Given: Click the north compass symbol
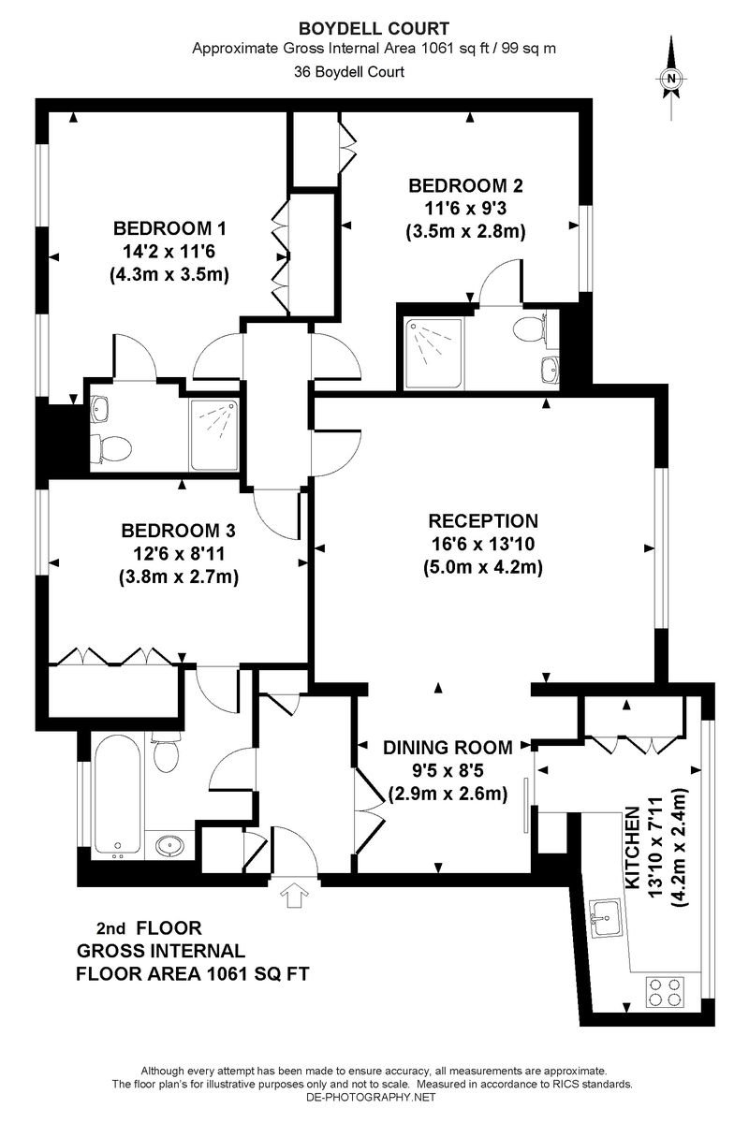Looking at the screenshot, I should tap(671, 80).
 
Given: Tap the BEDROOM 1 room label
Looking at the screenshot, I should tap(169, 227).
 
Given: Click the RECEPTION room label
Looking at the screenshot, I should tap(483, 521).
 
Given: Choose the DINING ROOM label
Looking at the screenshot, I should tap(448, 748).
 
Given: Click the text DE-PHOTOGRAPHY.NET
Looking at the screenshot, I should tap(374, 1096).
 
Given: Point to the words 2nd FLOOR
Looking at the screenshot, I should tap(150, 929).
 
